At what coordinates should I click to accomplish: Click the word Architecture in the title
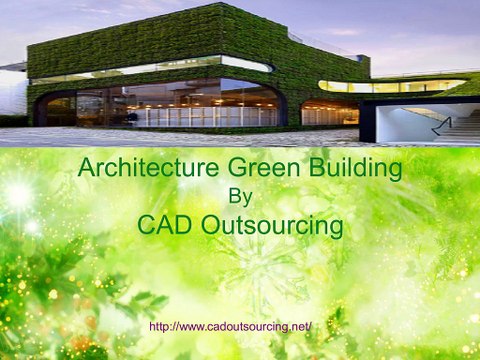pos(148,167)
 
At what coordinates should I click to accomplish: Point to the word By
pos(240,197)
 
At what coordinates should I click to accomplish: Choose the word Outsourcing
pos(272,227)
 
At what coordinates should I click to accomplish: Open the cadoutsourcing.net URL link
pos(231,326)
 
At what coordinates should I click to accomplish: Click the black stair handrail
pos(442,125)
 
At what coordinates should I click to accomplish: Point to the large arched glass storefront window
pos(177,103)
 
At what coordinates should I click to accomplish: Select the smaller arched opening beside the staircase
pos(330,112)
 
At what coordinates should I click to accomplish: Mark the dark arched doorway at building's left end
pos(56,109)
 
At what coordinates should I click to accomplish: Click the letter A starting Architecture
pos(86,167)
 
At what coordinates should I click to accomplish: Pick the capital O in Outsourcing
pos(212,225)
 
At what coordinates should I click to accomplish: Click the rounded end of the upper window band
pos(269,68)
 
